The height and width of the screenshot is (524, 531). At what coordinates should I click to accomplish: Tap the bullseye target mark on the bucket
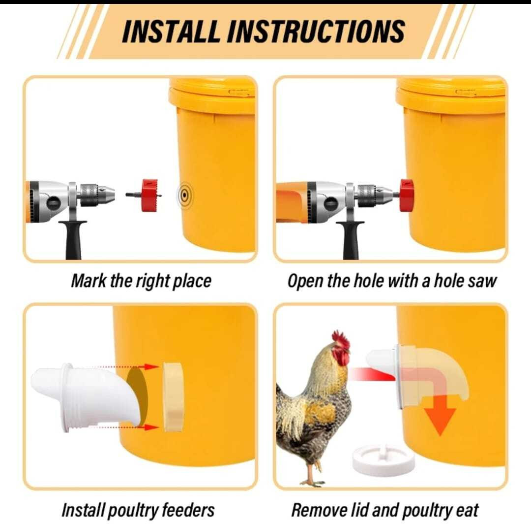click(x=184, y=195)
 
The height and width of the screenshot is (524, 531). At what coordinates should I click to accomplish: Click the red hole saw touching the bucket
click(x=407, y=196)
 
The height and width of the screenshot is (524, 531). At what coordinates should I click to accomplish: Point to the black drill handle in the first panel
click(x=73, y=239)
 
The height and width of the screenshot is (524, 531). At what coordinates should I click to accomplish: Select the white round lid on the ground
click(x=383, y=459)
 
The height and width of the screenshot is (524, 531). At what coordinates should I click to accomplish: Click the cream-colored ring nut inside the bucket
click(x=174, y=397)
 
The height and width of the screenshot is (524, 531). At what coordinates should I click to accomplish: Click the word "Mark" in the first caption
click(x=88, y=281)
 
